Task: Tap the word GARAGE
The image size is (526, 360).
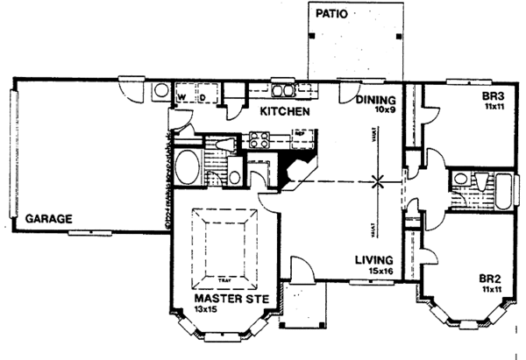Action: click(x=48, y=218)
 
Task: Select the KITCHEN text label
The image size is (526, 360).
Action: click(x=282, y=112)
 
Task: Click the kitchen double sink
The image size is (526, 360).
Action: click(x=283, y=89)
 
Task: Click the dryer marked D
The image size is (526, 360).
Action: click(x=203, y=93)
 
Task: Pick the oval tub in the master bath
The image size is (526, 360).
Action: click(x=186, y=166)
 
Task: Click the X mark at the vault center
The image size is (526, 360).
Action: click(x=379, y=182)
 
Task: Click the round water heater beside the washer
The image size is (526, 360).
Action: click(x=161, y=90)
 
